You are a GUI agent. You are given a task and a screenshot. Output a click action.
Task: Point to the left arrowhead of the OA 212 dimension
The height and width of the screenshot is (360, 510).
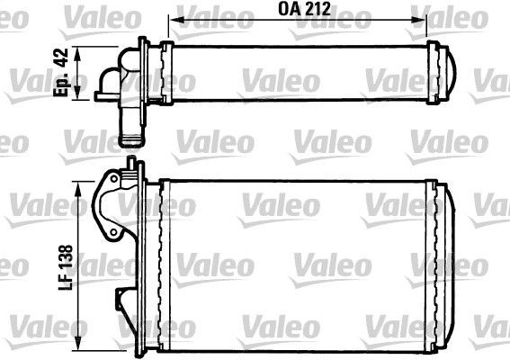point(176,17)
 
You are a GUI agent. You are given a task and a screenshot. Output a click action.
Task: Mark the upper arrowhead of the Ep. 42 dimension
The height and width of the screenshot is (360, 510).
point(83,52)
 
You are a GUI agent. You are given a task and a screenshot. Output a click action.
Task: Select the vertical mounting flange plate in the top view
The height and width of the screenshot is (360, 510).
point(144,68)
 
